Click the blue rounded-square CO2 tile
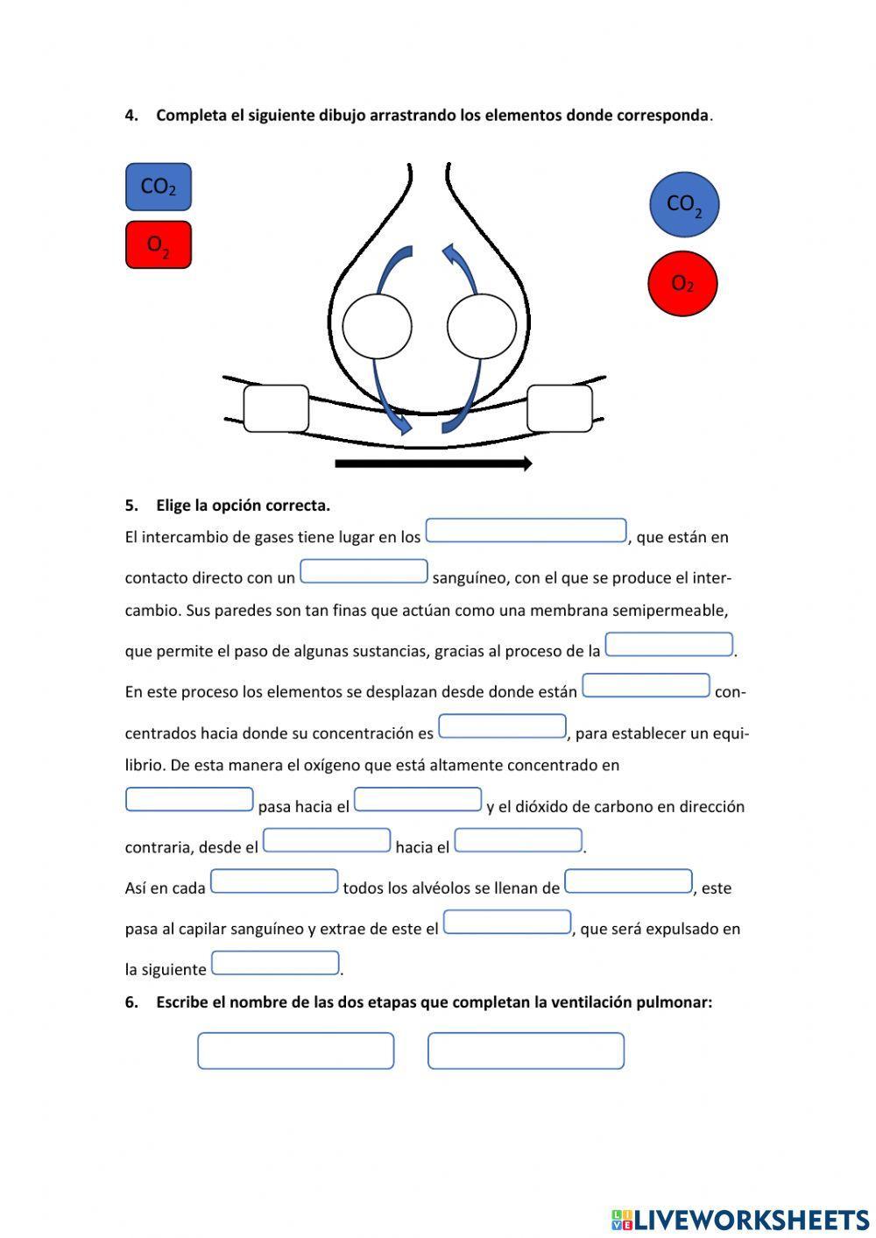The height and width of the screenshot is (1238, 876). tap(158, 187)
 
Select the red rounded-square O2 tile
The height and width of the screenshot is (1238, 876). tap(158, 244)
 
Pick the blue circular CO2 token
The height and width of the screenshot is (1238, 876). tap(683, 204)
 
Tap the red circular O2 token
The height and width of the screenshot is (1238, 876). tap(682, 283)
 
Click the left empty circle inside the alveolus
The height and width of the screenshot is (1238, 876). tap(377, 326)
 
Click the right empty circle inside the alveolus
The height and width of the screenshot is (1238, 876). tap(481, 326)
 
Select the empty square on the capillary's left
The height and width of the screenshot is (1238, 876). tap(276, 408)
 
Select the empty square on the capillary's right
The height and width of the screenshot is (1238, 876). tap(560, 408)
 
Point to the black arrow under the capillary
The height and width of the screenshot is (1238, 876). tap(434, 463)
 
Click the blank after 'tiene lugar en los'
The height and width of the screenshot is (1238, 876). tap(526, 531)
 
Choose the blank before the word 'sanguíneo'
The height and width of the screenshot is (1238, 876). tap(364, 571)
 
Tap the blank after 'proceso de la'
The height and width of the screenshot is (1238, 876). tap(669, 645)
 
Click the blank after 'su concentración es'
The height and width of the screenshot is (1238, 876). tap(502, 726)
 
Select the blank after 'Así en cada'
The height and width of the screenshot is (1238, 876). tap(274, 881)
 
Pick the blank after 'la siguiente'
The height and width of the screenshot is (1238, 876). tap(275, 963)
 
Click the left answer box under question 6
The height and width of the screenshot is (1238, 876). tap(295, 1051)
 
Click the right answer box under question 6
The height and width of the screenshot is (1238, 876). tap(526, 1051)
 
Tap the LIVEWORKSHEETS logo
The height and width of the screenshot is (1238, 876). tap(740, 1219)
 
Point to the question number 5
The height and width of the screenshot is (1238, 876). tap(131, 506)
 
